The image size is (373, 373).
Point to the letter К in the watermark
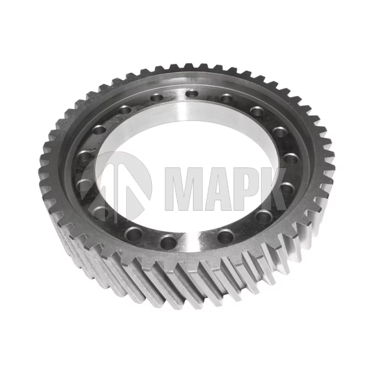pos(273,189)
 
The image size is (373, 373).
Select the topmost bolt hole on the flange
pos(192,94)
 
